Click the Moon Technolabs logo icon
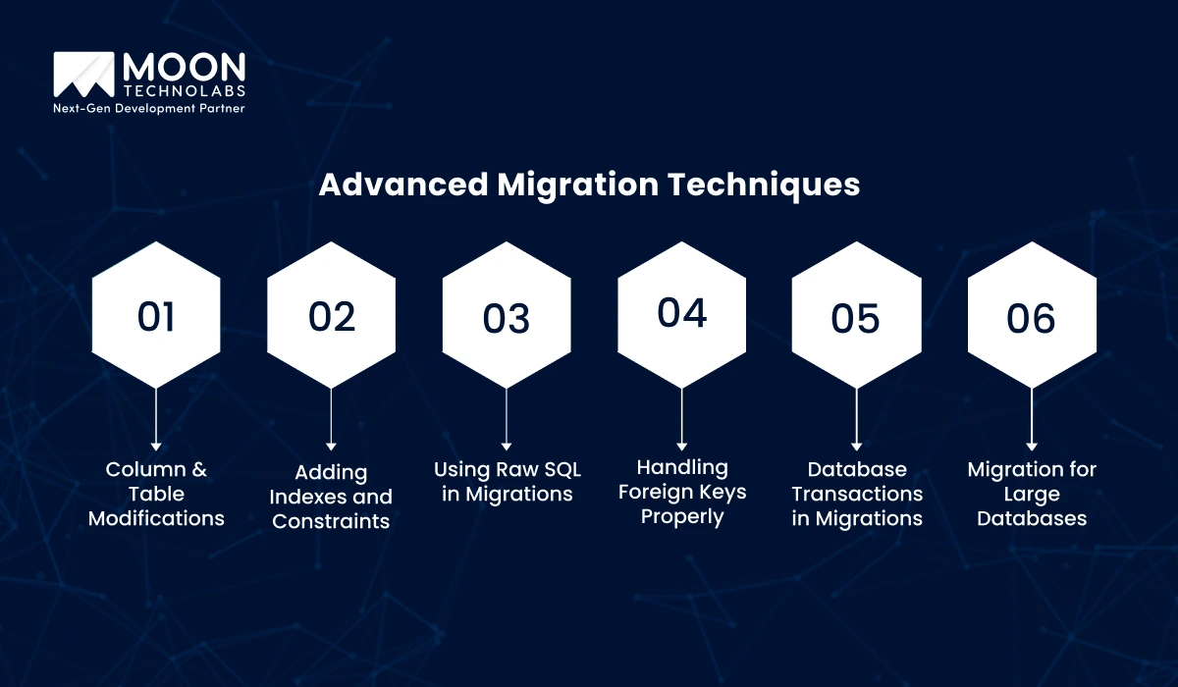(83, 75)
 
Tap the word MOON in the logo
(185, 68)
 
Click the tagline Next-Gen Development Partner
(149, 108)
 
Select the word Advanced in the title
(403, 185)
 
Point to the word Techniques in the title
(764, 185)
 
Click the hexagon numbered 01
(156, 315)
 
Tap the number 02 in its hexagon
(332, 316)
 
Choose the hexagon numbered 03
(507, 315)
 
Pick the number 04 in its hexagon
(682, 313)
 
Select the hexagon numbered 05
(857, 315)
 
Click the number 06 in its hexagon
(1031, 319)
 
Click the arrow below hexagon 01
(156, 419)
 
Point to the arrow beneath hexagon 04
(682, 419)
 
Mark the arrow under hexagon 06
(1032, 419)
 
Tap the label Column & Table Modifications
(156, 494)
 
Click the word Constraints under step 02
(331, 521)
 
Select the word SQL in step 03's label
(562, 469)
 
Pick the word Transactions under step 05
(857, 494)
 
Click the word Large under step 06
(1032, 495)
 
